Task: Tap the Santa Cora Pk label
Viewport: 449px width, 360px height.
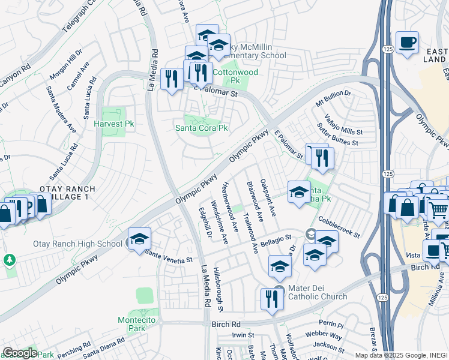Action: click(x=202, y=128)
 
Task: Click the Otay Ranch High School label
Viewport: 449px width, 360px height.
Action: click(x=85, y=244)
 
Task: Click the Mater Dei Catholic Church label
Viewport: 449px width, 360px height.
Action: click(x=318, y=292)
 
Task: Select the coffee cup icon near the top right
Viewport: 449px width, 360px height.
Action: click(x=408, y=42)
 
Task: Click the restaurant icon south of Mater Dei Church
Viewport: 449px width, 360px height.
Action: click(x=273, y=298)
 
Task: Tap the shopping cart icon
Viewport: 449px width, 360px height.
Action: click(x=439, y=210)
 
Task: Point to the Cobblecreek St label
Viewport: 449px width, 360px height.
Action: click(x=339, y=227)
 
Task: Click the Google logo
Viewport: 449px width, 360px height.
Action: click(x=19, y=352)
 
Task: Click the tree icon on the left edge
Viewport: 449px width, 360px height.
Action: click(x=9, y=260)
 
